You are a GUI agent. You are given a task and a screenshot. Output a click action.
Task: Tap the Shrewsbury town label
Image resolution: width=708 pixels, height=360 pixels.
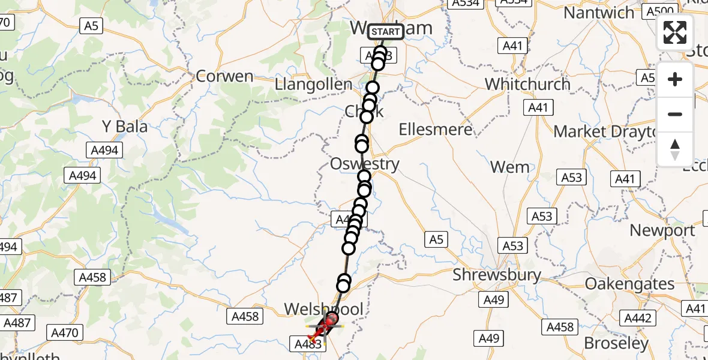tap(497, 275)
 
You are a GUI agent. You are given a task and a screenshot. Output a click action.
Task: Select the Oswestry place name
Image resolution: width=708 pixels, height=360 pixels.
tap(364, 164)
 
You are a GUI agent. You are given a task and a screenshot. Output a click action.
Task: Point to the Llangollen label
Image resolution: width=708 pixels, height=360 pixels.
tap(313, 85)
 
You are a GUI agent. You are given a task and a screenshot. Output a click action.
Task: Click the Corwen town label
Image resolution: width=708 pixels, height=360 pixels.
tap(225, 77)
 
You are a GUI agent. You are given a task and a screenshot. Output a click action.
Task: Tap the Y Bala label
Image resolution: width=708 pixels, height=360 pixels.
tap(125, 127)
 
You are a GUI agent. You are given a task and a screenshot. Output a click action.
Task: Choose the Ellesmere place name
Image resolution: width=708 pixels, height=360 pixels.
tap(435, 129)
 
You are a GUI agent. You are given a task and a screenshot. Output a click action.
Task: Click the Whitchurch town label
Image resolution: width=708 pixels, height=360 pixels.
tap(527, 83)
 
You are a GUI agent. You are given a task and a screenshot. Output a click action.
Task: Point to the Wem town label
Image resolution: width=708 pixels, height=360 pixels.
tap(509, 167)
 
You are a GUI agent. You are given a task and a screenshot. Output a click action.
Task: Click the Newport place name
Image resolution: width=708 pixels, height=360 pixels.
tap(662, 230)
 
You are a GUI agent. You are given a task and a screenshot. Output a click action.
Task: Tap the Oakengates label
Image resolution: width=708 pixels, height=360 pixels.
tap(629, 283)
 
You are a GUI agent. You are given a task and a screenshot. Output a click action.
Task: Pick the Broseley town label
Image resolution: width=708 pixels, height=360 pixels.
tap(616, 343)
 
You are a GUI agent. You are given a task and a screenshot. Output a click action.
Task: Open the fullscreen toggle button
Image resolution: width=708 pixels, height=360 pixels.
tap(675, 32)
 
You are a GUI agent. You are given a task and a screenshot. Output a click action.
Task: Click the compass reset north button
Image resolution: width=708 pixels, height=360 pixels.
tap(675, 149)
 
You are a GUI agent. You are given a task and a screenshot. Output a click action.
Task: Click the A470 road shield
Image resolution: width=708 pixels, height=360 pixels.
tap(65, 332)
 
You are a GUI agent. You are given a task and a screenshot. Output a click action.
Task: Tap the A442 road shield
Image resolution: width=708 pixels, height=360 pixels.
tap(638, 318)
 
